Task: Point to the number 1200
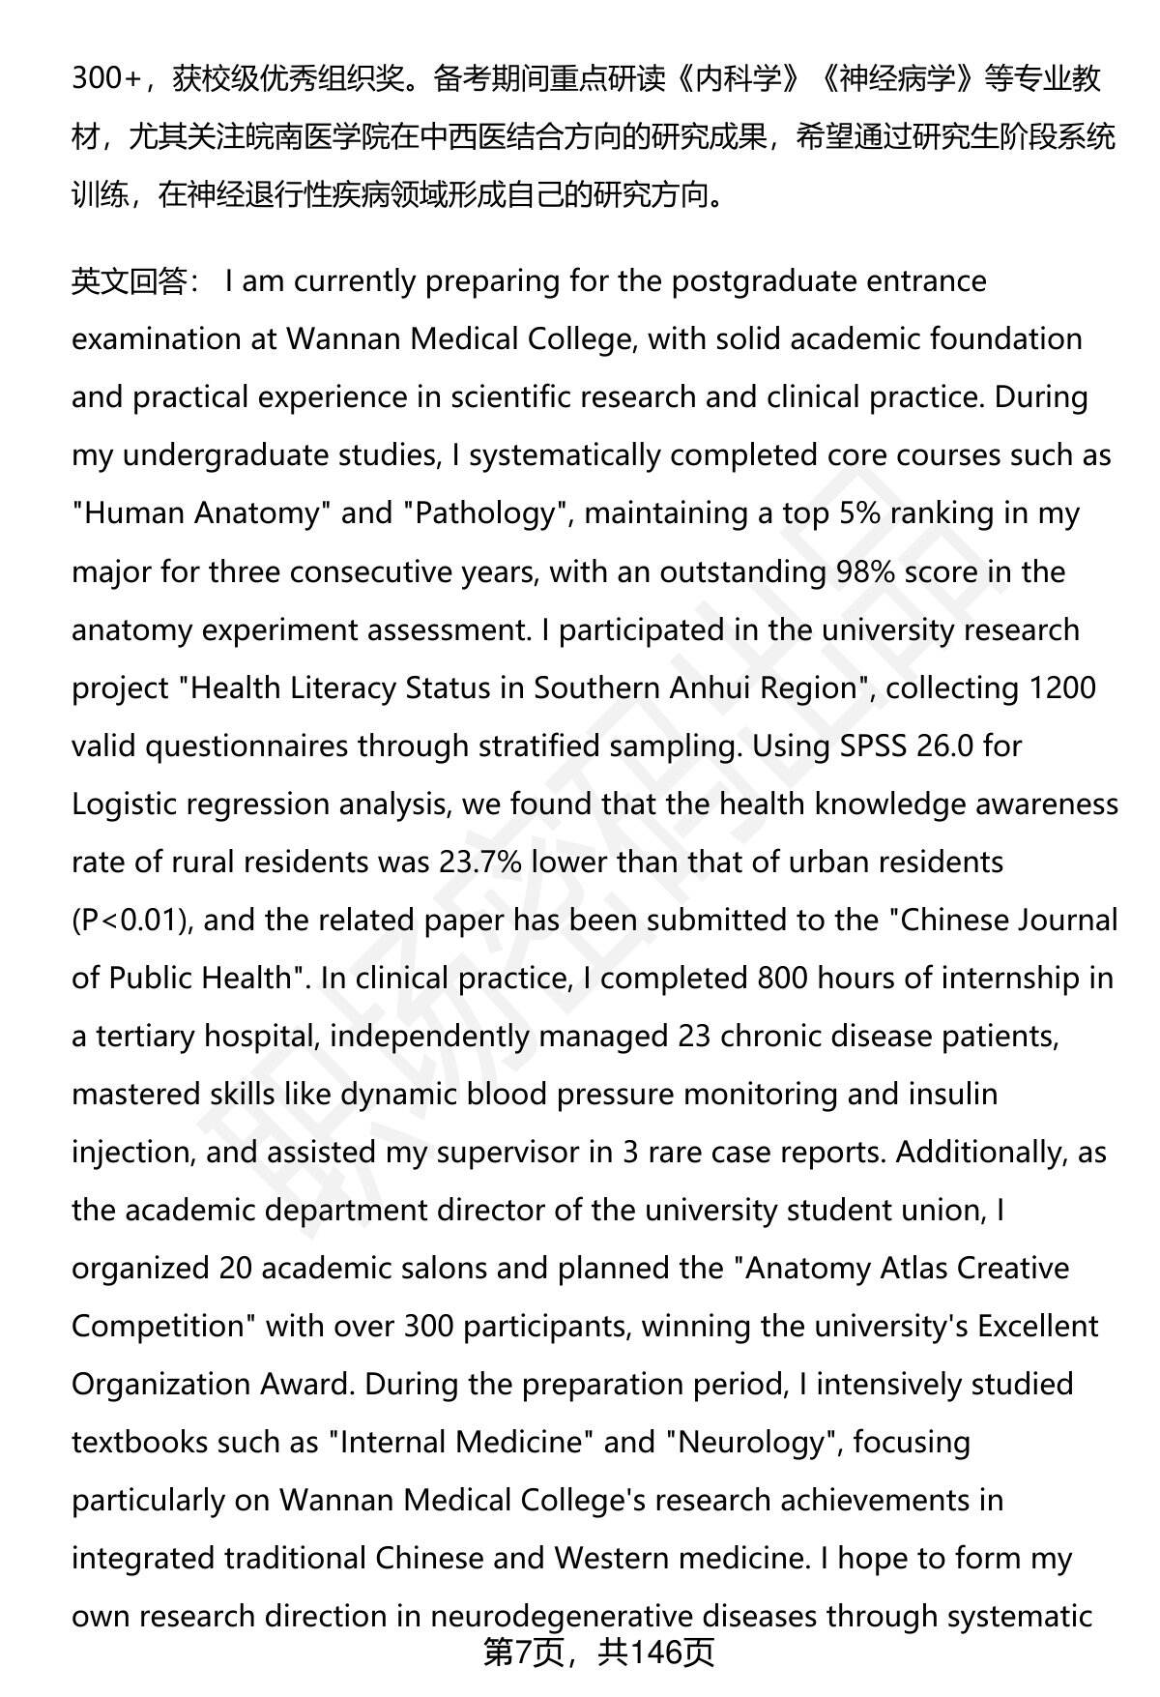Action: pos(1062,688)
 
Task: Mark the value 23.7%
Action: pos(480,862)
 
